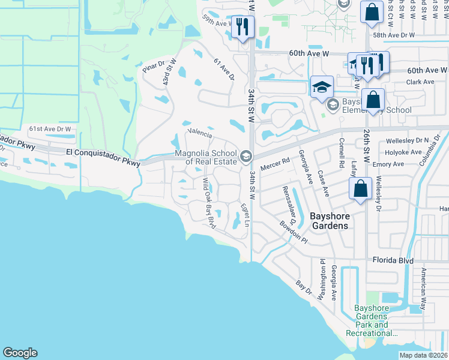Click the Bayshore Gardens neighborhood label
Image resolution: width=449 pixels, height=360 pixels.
tap(329, 220)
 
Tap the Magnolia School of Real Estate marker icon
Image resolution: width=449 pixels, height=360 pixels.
tap(245, 157)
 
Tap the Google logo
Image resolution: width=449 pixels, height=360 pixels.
tap(20, 353)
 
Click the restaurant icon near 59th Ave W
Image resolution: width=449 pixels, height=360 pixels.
tap(243, 28)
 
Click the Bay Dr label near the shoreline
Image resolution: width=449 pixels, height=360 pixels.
tap(305, 287)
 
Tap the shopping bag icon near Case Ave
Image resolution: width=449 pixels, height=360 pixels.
tap(360, 188)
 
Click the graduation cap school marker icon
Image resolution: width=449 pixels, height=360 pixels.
tap(322, 86)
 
